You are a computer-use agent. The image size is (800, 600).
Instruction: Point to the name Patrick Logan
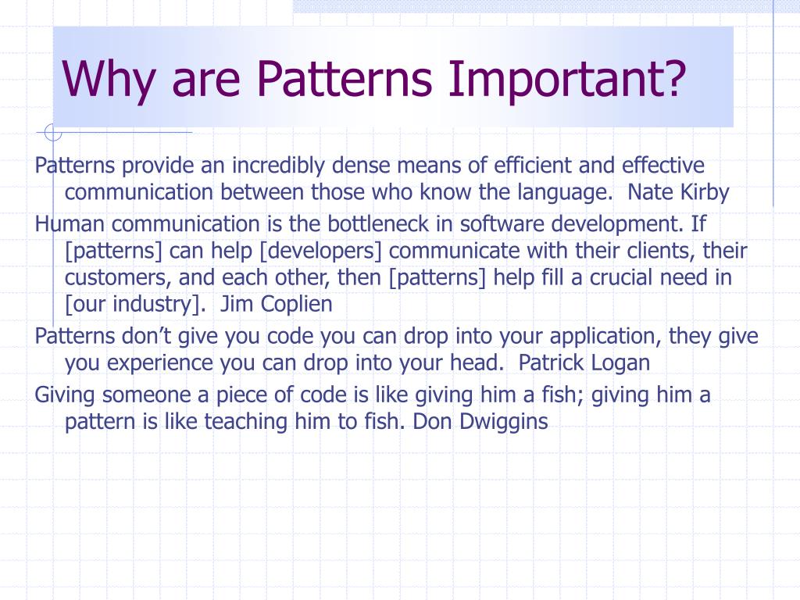pos(584,363)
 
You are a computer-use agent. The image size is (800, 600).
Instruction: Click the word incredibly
pos(279,166)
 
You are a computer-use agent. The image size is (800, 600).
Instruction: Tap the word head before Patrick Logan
pos(484,363)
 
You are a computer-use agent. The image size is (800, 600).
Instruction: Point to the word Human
pos(69,224)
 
